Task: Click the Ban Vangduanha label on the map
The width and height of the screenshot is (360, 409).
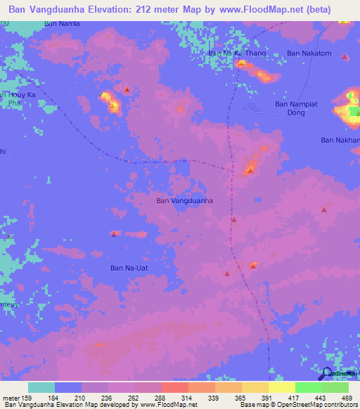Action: tap(184, 201)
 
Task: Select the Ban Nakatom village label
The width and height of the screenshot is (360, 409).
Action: tap(309, 53)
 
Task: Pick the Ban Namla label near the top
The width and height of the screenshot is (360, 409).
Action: tap(62, 23)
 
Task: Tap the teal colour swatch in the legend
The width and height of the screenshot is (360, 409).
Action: tap(41, 387)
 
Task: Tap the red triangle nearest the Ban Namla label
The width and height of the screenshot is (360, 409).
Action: tap(127, 89)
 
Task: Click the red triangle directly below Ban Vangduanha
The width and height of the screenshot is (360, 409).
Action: tap(233, 220)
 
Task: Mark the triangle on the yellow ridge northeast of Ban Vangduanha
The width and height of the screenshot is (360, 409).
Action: tap(250, 170)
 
